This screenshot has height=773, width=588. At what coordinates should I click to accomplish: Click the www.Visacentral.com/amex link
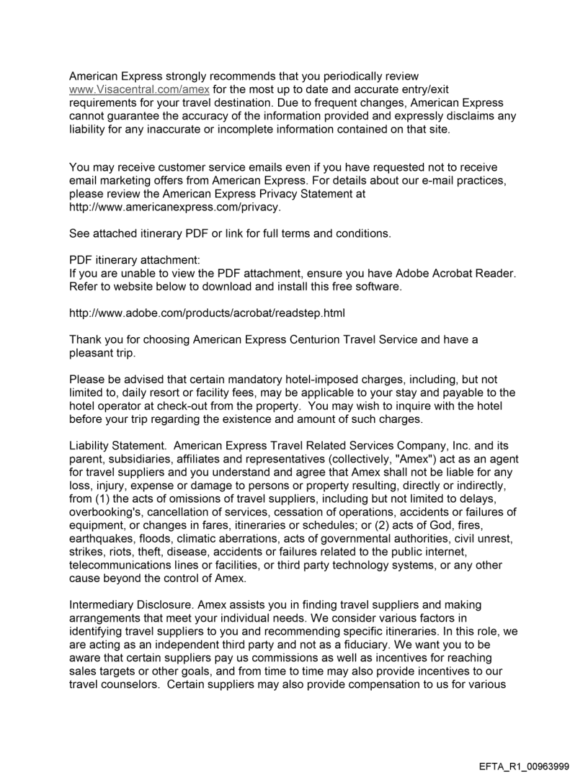point(129,88)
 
